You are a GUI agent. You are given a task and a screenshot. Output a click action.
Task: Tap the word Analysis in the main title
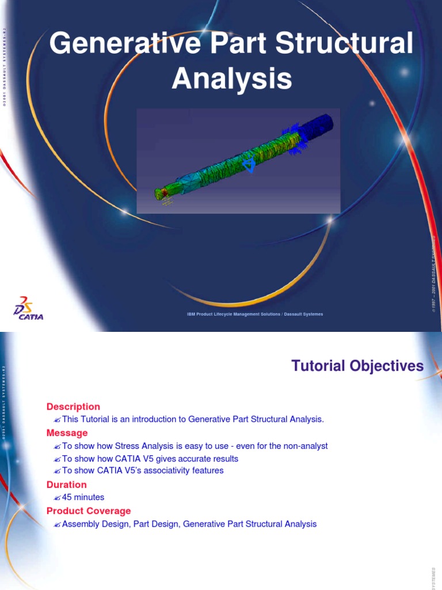click(231, 79)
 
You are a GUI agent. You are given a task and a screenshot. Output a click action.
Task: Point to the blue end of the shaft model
click(319, 125)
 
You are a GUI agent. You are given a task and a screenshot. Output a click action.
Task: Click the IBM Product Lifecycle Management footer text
click(255, 314)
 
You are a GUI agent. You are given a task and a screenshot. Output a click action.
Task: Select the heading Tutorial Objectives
click(357, 366)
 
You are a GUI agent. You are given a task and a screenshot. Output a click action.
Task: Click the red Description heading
click(73, 407)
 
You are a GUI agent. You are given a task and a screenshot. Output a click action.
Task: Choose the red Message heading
click(67, 433)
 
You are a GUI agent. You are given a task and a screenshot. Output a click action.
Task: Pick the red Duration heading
click(67, 485)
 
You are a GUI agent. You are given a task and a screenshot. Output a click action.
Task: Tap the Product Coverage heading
click(89, 510)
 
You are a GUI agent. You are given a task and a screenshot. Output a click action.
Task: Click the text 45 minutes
click(83, 497)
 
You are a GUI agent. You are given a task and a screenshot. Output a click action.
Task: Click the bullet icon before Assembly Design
click(57, 524)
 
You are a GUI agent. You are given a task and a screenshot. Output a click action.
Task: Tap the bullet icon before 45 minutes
click(57, 497)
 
